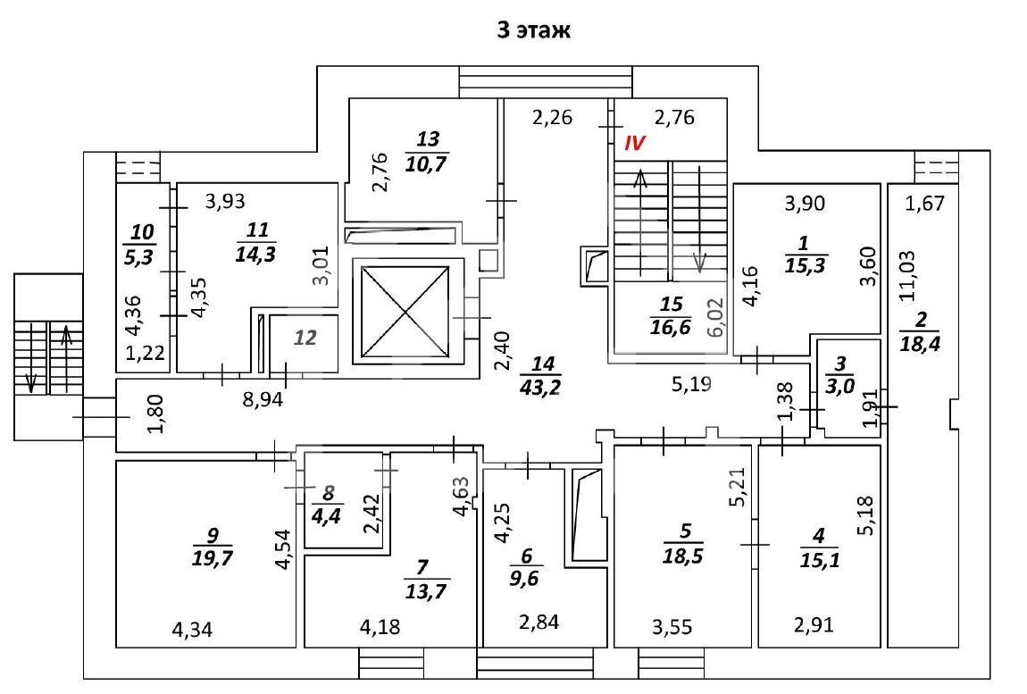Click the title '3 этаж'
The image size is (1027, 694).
tap(533, 30)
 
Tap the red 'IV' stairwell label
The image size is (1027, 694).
tap(634, 144)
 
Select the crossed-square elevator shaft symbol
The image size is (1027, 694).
tap(406, 312)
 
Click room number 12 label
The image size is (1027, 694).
tap(305, 339)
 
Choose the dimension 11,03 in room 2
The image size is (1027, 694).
tap(908, 277)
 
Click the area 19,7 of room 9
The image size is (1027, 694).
tap(213, 558)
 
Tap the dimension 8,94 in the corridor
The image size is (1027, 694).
tap(263, 399)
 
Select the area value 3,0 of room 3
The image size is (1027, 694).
tap(839, 386)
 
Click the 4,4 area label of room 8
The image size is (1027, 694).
tap(326, 515)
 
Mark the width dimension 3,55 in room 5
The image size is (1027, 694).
tap(672, 627)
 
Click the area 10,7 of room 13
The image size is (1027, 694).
tap(426, 163)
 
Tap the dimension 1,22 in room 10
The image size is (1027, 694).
tap(146, 353)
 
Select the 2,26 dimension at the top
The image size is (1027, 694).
tap(552, 117)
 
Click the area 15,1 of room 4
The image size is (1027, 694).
tap(820, 560)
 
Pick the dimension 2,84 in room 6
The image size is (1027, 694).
tap(539, 622)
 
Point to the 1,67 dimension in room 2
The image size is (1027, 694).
tap(925, 203)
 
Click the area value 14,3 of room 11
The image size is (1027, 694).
tap(255, 255)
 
